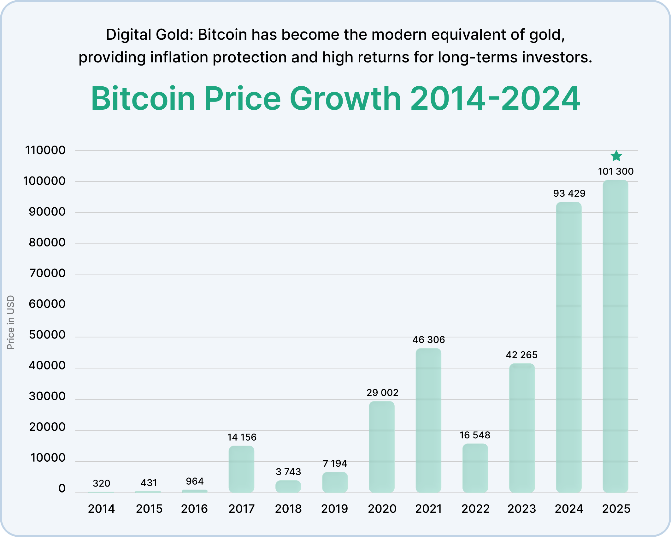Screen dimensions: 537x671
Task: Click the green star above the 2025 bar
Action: [616, 156]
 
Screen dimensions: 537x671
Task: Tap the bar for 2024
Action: [569, 347]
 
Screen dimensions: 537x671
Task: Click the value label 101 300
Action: [615, 171]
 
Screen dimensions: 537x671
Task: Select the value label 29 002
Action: [382, 393]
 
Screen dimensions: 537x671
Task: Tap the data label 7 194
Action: [335, 464]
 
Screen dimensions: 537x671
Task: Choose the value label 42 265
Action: [521, 355]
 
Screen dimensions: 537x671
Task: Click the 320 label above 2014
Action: [101, 483]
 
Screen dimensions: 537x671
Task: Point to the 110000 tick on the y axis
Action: [45, 150]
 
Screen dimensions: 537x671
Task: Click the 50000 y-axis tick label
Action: [47, 335]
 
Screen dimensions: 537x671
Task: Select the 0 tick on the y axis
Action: [62, 488]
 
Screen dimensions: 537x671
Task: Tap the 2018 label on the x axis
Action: [288, 509]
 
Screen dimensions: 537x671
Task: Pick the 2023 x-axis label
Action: [521, 509]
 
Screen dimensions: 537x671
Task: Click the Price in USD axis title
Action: [11, 322]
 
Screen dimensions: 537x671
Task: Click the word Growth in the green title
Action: [345, 99]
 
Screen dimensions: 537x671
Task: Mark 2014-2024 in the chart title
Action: [495, 99]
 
